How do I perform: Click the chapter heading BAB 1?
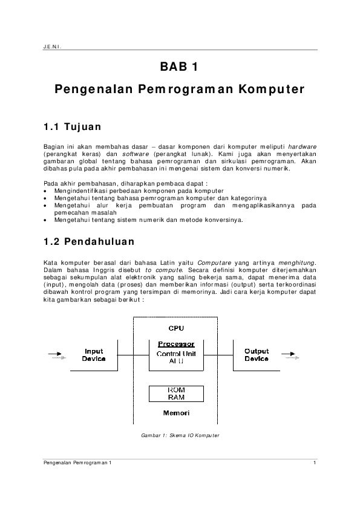tap(179, 66)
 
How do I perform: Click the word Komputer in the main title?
tap(272, 89)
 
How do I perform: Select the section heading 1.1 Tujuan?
tap(73, 126)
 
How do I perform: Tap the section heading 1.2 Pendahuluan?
tap(89, 242)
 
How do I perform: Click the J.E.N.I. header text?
tap(52, 47)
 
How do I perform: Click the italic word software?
tap(136, 154)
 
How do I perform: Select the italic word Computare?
tap(214, 263)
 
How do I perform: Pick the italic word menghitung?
tap(297, 263)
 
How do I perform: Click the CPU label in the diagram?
tap(176, 328)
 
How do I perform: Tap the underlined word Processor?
tap(176, 344)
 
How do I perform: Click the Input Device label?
tap(94, 355)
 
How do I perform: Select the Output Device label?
tap(257, 355)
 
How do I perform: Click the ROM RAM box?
tap(176, 394)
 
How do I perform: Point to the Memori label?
tap(176, 413)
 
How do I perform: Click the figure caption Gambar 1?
tap(180, 435)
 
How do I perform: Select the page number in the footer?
tap(315, 462)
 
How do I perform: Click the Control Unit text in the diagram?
tap(176, 354)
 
